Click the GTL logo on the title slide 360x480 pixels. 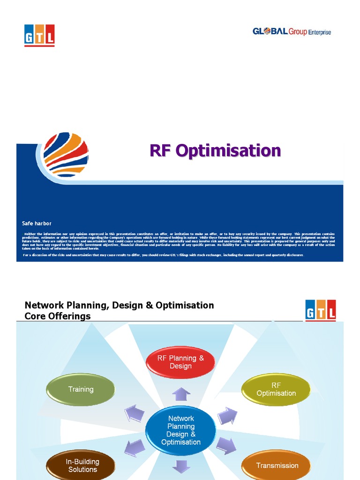click(x=39, y=35)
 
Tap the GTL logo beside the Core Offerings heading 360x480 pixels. click(x=320, y=311)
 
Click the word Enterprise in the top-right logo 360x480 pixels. click(x=319, y=32)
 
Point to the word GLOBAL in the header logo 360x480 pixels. click(x=270, y=31)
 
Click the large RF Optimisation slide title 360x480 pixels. click(x=215, y=150)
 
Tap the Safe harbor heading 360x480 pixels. click(x=37, y=223)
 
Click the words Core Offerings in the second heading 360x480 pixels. click(x=57, y=316)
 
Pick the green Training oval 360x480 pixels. click(x=81, y=389)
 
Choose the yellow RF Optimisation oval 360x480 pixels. click(x=276, y=389)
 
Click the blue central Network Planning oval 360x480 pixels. click(x=180, y=430)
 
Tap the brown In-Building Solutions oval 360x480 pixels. click(x=82, y=465)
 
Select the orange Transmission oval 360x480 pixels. click(x=277, y=465)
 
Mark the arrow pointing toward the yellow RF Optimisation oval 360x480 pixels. click(x=227, y=415)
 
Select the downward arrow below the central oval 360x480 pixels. click(x=180, y=467)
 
